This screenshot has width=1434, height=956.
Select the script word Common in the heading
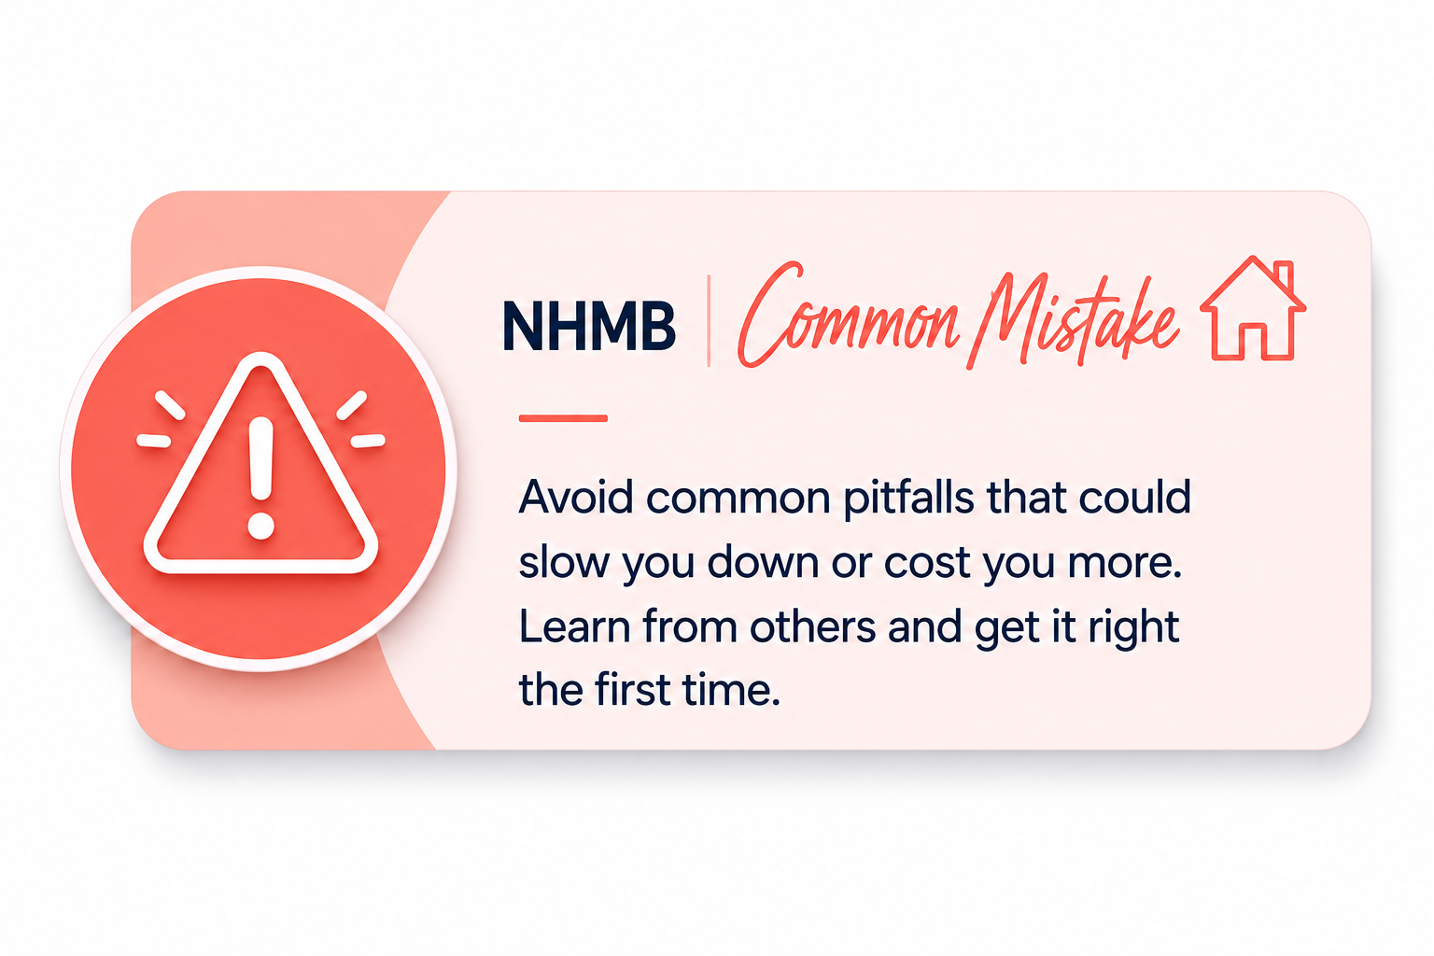coord(849,315)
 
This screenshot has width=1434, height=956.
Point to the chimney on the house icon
coord(1285,275)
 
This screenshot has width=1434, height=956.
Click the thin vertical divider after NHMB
coord(709,321)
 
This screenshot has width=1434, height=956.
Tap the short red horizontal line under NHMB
coord(563,418)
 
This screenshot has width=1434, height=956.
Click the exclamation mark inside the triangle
coord(261,478)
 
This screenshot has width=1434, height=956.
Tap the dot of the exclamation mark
coord(261,526)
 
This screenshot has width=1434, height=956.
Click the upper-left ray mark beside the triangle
coord(170,405)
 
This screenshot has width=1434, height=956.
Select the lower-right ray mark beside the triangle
coord(368,441)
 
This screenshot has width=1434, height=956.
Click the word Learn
coord(575,626)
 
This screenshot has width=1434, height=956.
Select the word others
coord(812,626)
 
